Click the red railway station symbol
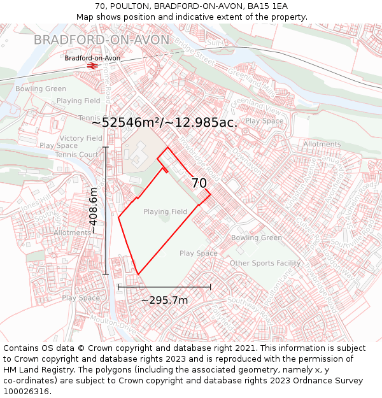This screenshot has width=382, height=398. (x=92, y=66)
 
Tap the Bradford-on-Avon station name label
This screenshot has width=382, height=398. (x=92, y=58)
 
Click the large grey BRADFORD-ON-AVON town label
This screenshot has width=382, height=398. (x=101, y=40)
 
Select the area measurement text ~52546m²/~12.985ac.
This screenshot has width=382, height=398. (x=165, y=122)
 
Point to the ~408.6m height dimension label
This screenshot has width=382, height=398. (x=94, y=211)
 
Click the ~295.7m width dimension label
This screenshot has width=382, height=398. (x=164, y=300)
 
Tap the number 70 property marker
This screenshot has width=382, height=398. (x=199, y=183)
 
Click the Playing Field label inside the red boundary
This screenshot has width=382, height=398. (x=165, y=212)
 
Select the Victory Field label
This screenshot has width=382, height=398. (x=81, y=138)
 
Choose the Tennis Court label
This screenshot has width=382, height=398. (x=77, y=155)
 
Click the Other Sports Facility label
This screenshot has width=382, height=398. (x=265, y=263)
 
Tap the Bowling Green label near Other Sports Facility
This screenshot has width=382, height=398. (x=256, y=238)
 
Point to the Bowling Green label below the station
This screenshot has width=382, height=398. (x=41, y=89)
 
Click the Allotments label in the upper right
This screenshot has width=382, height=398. (x=322, y=145)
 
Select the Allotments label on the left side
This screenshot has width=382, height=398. (x=73, y=233)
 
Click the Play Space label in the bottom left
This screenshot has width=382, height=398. (x=81, y=298)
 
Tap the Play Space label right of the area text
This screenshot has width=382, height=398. (x=264, y=121)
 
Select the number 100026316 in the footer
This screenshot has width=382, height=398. (x=27, y=391)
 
